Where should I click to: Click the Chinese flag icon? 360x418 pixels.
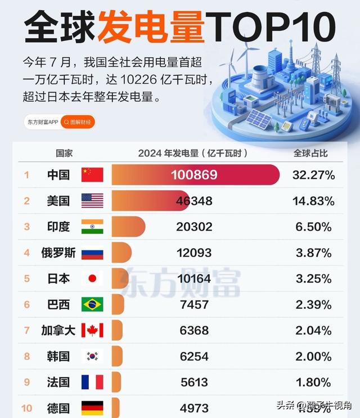tap(92, 174)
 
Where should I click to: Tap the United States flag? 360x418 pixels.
tap(92, 201)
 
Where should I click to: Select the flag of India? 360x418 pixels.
tap(92, 227)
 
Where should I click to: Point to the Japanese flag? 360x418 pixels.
tap(92, 278)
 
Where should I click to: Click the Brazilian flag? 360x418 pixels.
tap(92, 304)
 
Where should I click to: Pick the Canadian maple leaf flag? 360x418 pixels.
tap(92, 330)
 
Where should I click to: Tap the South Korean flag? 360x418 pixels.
tap(92, 356)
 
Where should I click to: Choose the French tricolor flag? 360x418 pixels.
tap(92, 383)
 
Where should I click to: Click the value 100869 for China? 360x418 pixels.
tap(194, 175)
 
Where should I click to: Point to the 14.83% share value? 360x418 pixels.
tap(313, 201)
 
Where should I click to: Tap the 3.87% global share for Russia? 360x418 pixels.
tap(313, 253)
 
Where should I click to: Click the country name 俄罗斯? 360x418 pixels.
tap(58, 253)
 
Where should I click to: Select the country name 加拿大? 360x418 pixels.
tap(58, 330)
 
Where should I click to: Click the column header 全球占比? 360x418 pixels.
tap(310, 153)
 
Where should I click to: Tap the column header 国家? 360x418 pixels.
tap(64, 153)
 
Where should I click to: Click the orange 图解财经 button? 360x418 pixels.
tap(78, 122)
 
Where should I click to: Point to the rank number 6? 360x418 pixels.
tap(26, 304)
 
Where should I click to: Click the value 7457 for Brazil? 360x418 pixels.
tap(194, 304)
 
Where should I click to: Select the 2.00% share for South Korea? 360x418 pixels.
tap(313, 356)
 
